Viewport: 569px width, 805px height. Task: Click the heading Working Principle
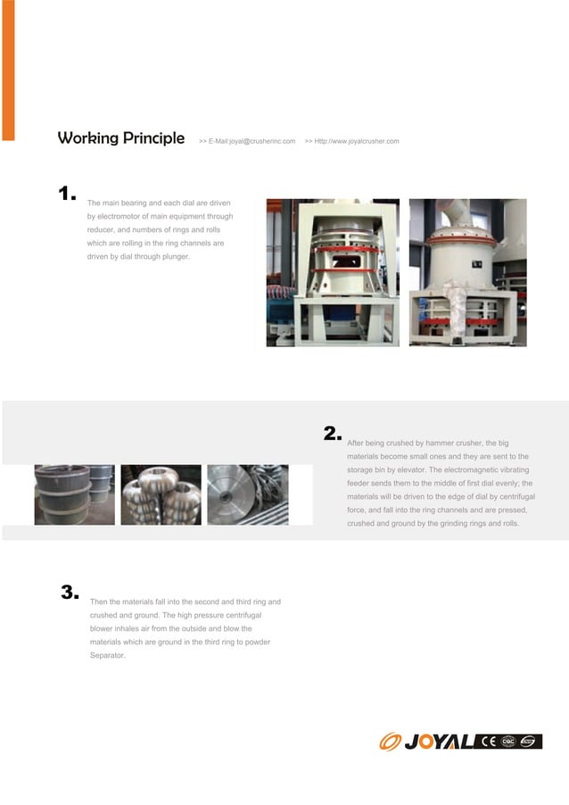(120, 138)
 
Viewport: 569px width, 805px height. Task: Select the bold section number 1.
(66, 194)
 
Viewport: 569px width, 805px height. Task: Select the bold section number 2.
(332, 434)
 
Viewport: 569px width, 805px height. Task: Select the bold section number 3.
(70, 592)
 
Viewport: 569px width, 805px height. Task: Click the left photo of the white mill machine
(333, 272)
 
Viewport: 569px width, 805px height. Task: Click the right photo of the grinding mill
(467, 272)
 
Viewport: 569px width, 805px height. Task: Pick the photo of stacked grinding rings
(75, 494)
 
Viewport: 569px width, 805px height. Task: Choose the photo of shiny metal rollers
(161, 494)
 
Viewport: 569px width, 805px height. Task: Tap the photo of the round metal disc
(247, 494)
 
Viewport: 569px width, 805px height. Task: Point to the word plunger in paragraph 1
(176, 256)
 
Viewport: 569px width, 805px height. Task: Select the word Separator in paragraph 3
(108, 655)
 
